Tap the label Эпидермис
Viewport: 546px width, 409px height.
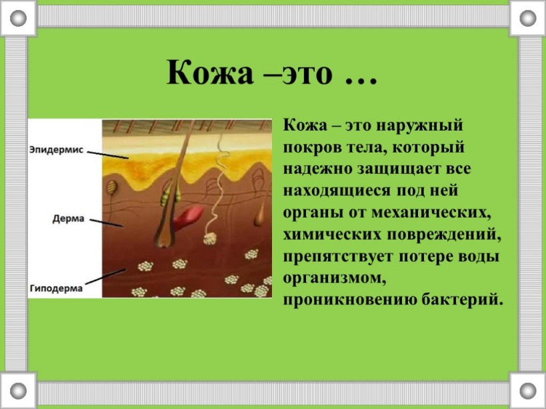tap(57, 151)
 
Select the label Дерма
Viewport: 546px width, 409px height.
tap(69, 218)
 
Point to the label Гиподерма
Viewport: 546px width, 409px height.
tap(56, 288)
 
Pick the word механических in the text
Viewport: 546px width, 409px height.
tap(431, 212)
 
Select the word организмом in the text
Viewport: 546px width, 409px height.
tap(335, 278)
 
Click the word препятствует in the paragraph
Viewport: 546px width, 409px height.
tap(338, 256)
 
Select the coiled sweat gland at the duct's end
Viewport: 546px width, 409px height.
tap(209, 239)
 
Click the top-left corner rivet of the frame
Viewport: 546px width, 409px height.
tap(18, 18)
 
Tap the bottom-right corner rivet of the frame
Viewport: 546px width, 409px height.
tap(528, 390)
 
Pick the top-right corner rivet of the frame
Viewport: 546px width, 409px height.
tap(528, 18)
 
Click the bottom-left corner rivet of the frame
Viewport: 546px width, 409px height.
tap(18, 390)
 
